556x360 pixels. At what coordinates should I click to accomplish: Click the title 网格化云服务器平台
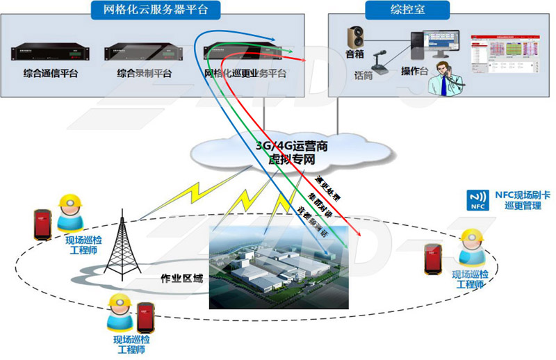coord(156,10)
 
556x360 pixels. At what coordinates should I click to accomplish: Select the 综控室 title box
coord(407,10)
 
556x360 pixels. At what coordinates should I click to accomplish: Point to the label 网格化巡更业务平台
coord(245,73)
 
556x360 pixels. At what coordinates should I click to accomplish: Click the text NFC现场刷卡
coord(518,195)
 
